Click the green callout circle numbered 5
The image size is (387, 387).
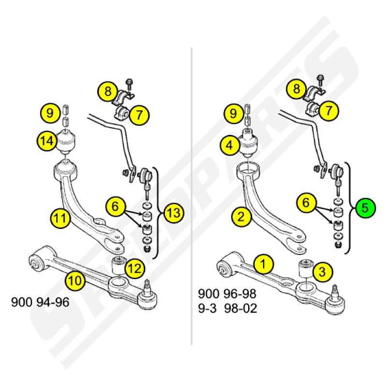pyautogui.click(x=365, y=208)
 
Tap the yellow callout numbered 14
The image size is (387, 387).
pyautogui.click(x=47, y=141)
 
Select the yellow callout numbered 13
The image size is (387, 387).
pyautogui.click(x=174, y=213)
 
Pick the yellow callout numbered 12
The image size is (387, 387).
pyautogui.click(x=135, y=268)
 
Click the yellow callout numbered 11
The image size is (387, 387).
pyautogui.click(x=60, y=218)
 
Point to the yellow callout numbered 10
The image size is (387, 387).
pyautogui.click(x=75, y=281)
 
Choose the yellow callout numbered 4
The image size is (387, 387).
pyautogui.click(x=229, y=145)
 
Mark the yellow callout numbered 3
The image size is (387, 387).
pyautogui.click(x=322, y=272)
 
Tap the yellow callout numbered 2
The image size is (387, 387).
pyautogui.click(x=241, y=217)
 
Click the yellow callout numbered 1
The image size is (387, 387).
pyautogui.click(x=263, y=264)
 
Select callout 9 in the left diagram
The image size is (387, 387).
pyautogui.click(x=50, y=113)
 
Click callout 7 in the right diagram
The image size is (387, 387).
pyautogui.click(x=328, y=111)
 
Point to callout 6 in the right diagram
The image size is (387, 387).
pyautogui.click(x=306, y=203)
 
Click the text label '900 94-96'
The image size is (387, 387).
pyautogui.click(x=40, y=302)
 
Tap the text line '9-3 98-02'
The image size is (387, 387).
pyautogui.click(x=227, y=308)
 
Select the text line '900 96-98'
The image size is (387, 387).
pyautogui.click(x=227, y=294)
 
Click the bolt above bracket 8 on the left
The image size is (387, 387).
pyautogui.click(x=129, y=84)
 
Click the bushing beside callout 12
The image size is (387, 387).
pyautogui.click(x=118, y=266)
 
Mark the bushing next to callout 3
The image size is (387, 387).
pyautogui.click(x=306, y=269)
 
